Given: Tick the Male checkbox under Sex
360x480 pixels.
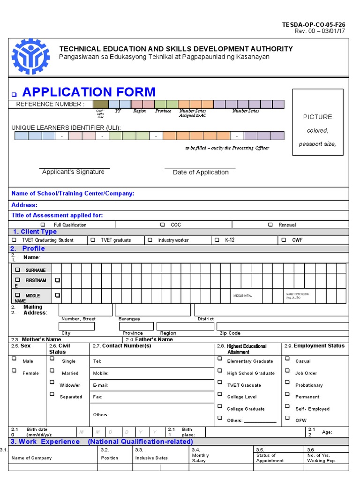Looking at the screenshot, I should click(x=14, y=359).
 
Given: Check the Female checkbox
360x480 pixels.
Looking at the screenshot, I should click(x=14, y=371).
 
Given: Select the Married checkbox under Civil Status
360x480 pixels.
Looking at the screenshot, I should click(x=52, y=371).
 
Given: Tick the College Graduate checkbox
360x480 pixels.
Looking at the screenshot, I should click(x=219, y=406).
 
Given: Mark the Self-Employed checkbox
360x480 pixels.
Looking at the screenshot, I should click(x=287, y=406).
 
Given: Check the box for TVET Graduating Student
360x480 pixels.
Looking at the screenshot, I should click(x=14, y=240).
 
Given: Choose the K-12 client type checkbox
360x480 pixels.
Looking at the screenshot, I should click(x=217, y=240).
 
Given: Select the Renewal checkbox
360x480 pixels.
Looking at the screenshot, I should click(x=270, y=225).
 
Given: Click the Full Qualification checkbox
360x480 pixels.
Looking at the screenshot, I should click(x=43, y=225).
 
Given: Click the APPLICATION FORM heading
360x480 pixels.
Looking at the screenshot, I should click(x=89, y=92).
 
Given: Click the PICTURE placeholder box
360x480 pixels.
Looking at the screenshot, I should click(x=317, y=122).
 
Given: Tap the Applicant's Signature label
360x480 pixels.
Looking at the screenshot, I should click(x=73, y=172).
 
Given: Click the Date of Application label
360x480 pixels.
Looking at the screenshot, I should click(x=201, y=172).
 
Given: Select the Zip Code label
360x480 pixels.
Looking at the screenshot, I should click(x=230, y=333).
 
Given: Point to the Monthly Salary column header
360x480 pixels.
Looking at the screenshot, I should click(x=201, y=458).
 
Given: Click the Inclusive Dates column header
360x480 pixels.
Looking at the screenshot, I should click(x=151, y=458).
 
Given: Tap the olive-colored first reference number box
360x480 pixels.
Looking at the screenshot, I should click(x=100, y=104).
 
